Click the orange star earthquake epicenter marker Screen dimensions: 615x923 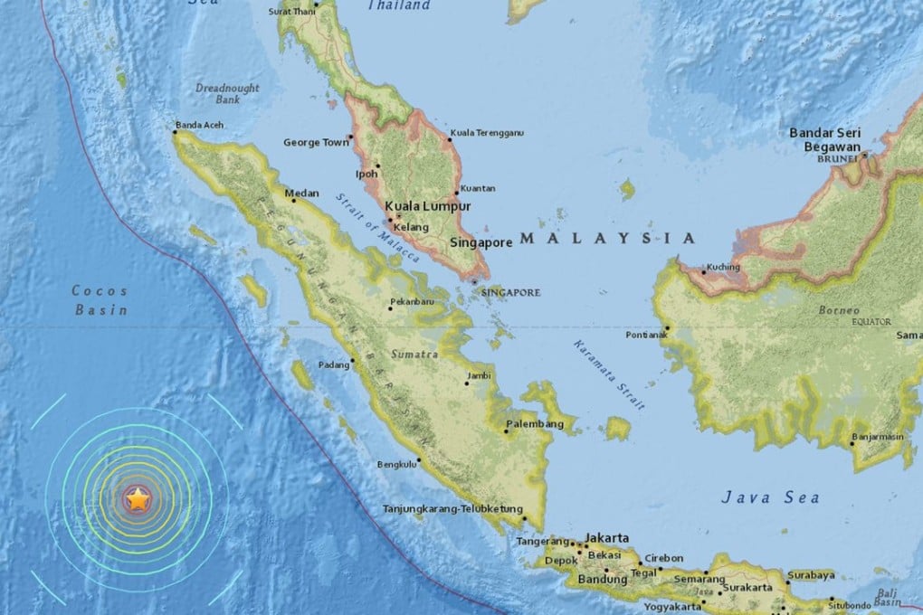137,498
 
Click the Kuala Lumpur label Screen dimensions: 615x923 428,206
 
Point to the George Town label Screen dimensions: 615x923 316,142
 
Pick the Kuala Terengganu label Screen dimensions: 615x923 488,133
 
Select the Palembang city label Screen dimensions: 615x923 529,422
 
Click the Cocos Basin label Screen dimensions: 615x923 100,300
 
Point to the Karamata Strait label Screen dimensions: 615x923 608,375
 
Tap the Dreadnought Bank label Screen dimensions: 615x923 227,93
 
